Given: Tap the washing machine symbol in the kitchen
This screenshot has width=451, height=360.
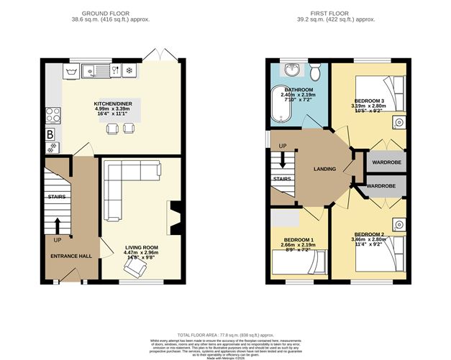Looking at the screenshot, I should [71, 70].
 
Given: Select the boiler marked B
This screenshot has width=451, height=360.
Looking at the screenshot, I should [51, 134].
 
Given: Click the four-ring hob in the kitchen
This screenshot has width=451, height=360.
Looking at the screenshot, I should [53, 115].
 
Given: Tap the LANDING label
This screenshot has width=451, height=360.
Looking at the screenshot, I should [325, 169].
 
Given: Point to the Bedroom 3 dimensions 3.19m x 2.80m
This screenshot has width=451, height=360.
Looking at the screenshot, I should [371, 106].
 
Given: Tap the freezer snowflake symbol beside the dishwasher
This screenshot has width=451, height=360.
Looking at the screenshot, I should [129, 70].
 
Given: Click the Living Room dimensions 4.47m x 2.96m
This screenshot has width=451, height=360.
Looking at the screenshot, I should [141, 252].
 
